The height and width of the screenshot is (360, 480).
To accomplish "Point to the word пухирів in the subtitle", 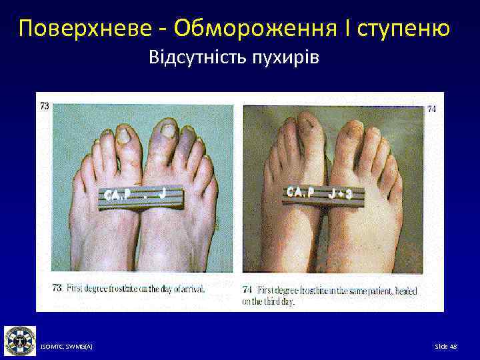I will [287, 58].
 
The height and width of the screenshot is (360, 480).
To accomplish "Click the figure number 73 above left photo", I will [45, 106].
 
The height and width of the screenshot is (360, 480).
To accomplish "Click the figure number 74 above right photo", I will [431, 109].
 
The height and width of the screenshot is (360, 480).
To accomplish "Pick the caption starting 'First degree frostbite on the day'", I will [133, 289].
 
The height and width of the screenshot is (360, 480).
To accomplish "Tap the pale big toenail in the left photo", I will [124, 136].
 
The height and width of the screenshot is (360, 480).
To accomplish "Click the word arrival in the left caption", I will [192, 289].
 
